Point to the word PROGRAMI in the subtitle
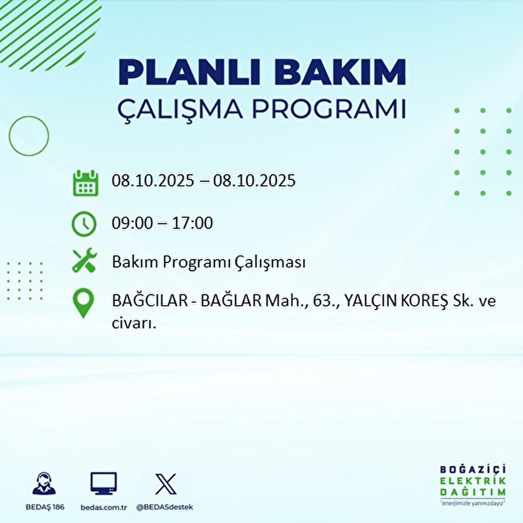pos(329,110)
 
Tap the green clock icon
pos(84,224)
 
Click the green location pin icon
pos(84,304)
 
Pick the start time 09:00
pos(132,223)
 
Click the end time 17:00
pos(192,223)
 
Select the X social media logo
pos(166,484)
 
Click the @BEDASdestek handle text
pos(165,507)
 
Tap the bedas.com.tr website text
pos(104,507)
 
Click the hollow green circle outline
pos(29,136)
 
